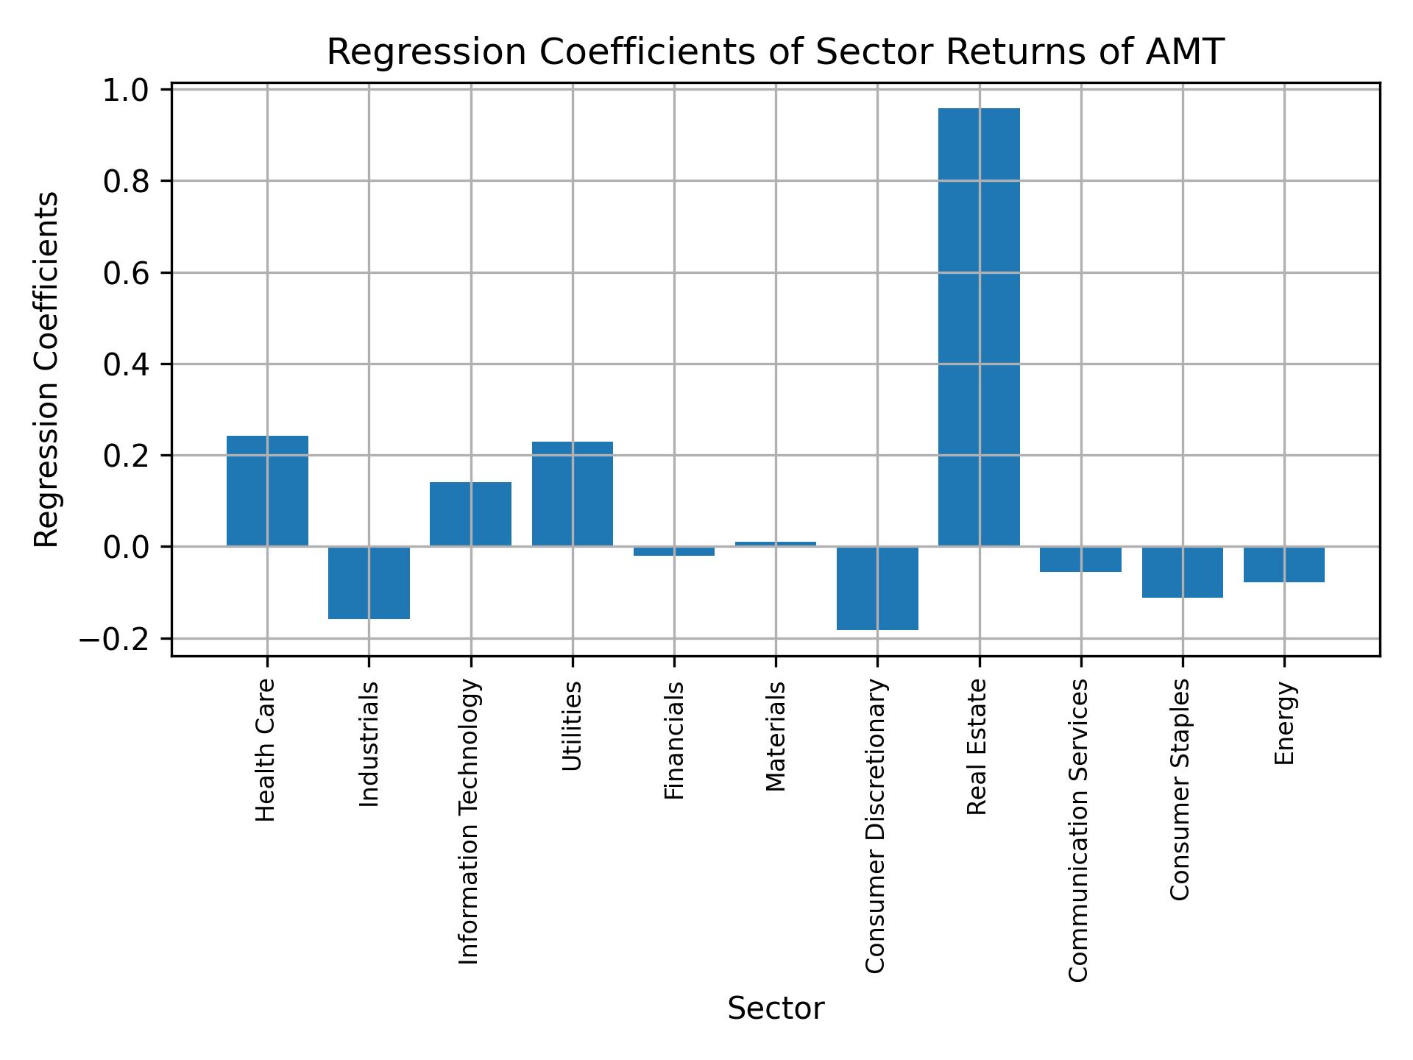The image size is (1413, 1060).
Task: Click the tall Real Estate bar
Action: coord(979,328)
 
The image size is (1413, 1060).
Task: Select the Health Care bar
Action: coord(267,491)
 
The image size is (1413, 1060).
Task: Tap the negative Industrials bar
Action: coord(369,582)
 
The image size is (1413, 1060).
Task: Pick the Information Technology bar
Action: coord(470,514)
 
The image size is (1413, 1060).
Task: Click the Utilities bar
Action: coord(572,494)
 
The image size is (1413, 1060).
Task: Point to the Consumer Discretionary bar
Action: coord(877,588)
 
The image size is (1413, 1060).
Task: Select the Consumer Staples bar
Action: coord(1182,572)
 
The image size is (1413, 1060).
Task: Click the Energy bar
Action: coord(1283,565)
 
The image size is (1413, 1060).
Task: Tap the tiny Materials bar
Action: coord(776,544)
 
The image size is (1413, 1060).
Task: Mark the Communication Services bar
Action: coord(1080,559)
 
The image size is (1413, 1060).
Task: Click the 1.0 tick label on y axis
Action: coord(126,91)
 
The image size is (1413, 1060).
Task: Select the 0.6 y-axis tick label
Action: coord(126,273)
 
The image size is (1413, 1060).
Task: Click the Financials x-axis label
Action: coord(674,740)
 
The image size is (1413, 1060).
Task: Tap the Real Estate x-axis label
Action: coord(977,747)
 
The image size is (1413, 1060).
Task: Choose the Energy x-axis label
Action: coord(1283,723)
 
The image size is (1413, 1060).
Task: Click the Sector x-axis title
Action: coord(776,1008)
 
